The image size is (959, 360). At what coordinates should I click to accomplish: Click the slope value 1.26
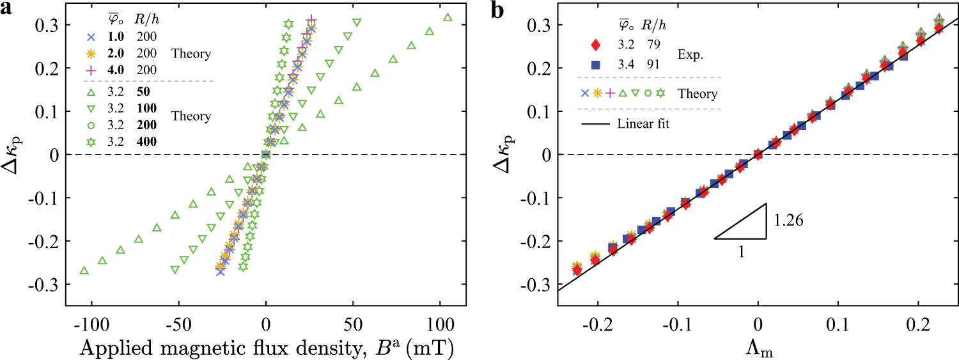point(789,221)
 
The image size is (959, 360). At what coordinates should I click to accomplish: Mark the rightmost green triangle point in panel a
point(448,17)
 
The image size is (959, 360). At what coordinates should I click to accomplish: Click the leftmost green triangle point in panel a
point(84,270)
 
